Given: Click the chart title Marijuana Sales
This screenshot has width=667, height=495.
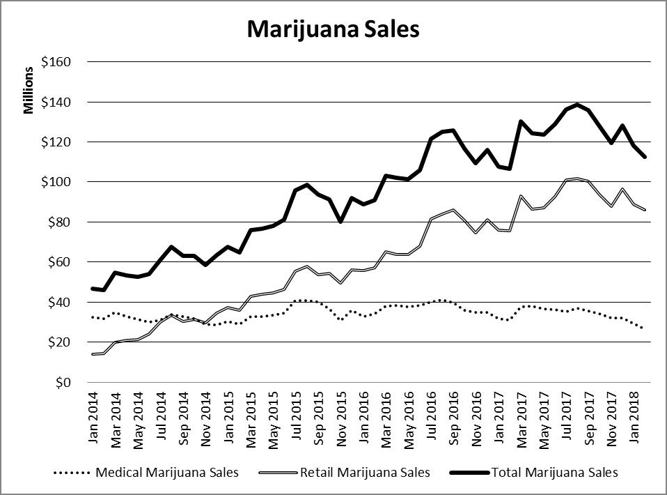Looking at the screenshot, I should pos(333,29).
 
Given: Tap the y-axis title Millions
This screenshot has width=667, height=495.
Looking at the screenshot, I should pos(29,91).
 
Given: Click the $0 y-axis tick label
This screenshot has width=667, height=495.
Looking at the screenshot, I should pos(64,383).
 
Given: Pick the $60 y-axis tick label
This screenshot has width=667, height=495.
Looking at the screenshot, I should pos(60,262).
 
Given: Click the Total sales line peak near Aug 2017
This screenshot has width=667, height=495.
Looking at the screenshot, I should pos(577,105).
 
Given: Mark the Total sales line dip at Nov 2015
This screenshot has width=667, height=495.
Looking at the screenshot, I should pos(340,222).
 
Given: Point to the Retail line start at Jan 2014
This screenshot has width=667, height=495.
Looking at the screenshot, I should pos(93,354).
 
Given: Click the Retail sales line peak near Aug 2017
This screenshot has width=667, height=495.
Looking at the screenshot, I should pos(577,179).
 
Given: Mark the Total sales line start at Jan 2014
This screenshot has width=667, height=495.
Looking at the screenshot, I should pos(93,289).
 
